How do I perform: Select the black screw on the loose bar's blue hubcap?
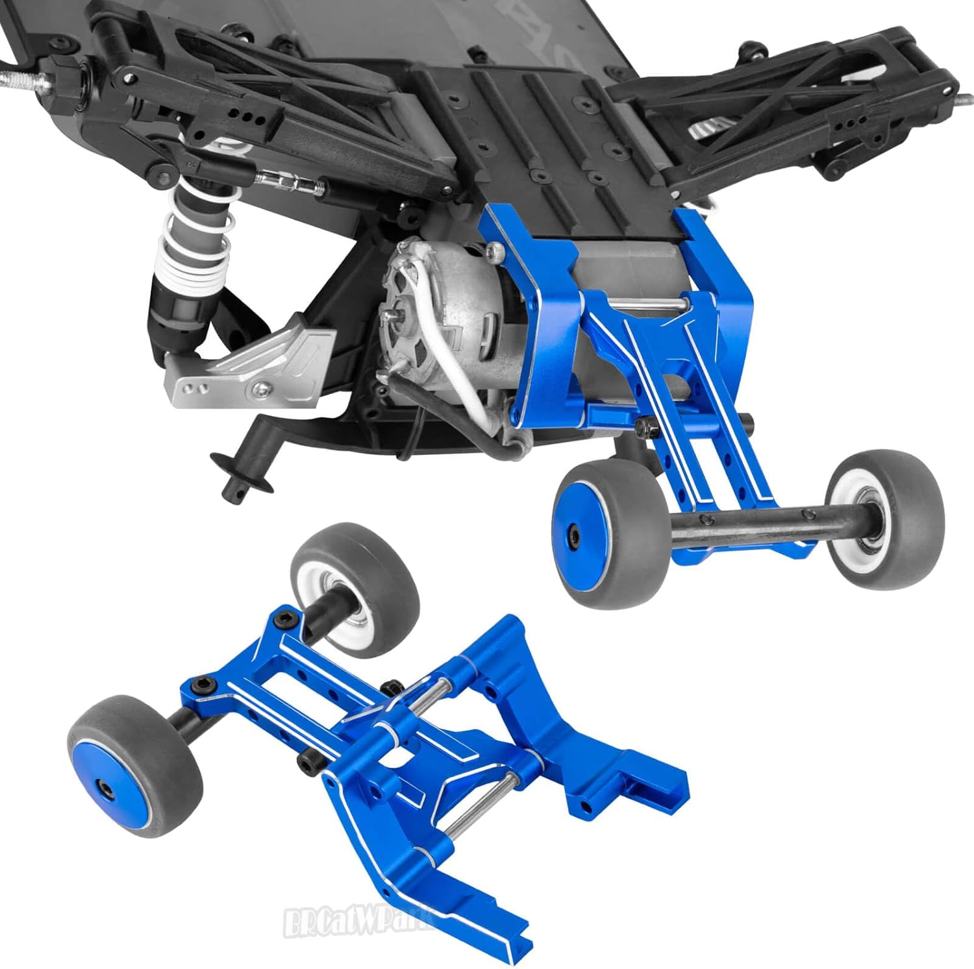click(105, 787)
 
